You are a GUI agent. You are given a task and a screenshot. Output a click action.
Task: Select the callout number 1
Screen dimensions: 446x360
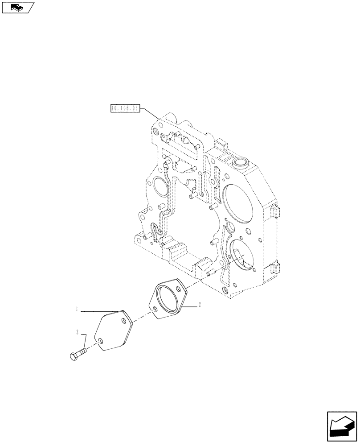pyautogui.click(x=77, y=309)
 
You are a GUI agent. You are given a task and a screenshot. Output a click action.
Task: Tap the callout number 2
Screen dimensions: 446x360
pyautogui.click(x=200, y=305)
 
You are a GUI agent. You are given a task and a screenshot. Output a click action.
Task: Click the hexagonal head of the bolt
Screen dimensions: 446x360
pyautogui.click(x=74, y=356)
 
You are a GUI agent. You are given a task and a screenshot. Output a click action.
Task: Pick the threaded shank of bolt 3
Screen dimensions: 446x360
pyautogui.click(x=82, y=351)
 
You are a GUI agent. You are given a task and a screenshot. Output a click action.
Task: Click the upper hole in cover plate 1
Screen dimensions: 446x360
pyautogui.click(x=124, y=321)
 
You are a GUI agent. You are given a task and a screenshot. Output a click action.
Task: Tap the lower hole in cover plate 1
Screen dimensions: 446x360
pyautogui.click(x=102, y=343)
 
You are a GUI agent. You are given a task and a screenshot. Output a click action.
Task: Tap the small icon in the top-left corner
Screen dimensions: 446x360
pyautogui.click(x=18, y=7)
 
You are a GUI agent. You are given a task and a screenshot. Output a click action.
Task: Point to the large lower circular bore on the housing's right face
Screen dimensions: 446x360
pyautogui.click(x=241, y=256)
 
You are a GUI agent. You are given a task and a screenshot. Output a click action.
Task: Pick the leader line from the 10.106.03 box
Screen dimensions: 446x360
pyautogui.click(x=149, y=112)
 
